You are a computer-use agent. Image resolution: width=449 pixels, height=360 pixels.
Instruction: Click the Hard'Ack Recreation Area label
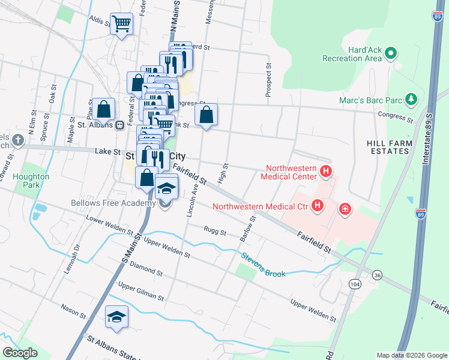tap(352, 54)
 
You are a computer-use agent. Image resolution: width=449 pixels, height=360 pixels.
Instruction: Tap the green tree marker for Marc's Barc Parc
tap(411, 98)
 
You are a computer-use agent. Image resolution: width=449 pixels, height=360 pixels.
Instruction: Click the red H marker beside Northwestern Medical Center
tap(326, 172)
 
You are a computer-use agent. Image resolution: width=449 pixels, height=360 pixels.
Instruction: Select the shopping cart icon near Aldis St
tap(122, 24)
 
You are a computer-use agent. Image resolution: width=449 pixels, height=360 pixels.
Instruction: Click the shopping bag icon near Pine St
tap(104, 109)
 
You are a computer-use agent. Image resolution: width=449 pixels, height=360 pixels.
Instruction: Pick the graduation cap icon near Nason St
tap(117, 317)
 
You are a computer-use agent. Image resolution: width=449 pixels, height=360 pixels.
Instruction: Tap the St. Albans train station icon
tap(120, 125)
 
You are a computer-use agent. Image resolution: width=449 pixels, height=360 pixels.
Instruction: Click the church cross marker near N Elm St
tap(18, 140)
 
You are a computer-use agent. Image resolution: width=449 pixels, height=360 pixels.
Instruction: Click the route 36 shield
tap(377, 275)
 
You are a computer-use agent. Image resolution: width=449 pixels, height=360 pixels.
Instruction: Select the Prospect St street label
tap(268, 80)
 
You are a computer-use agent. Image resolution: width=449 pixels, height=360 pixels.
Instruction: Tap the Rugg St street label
tap(214, 232)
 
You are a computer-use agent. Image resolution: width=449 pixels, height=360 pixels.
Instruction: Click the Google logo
tap(20, 352)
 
